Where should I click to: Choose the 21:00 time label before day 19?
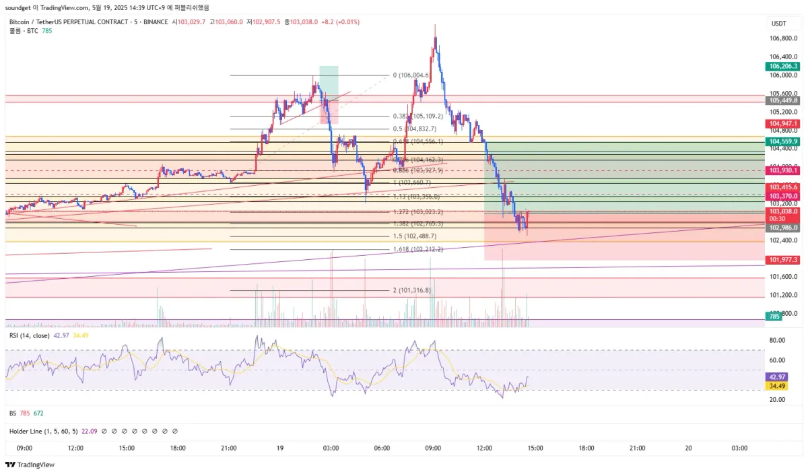(228, 448)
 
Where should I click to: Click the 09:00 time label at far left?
(24, 448)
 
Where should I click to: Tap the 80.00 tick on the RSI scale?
(778, 341)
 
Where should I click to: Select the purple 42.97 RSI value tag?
(778, 377)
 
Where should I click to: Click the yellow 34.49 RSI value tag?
(778, 386)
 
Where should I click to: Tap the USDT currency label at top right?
(778, 23)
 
